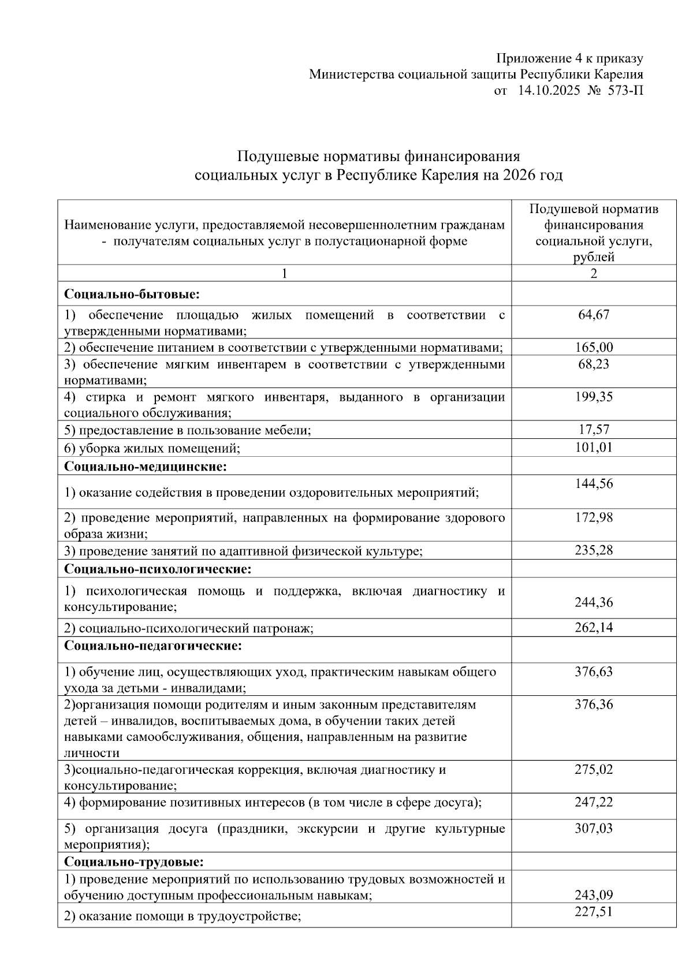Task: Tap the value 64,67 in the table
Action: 594,315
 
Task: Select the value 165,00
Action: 594,348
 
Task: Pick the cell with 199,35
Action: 594,397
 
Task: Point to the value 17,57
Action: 594,430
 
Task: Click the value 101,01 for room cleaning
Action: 594,448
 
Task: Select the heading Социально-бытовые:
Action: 132,295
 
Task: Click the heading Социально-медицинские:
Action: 146,465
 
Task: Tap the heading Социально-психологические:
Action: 158,569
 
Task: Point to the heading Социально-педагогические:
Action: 152,646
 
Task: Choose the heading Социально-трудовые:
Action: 134,862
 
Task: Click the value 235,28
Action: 594,550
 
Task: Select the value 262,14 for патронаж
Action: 594,628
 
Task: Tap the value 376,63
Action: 594,672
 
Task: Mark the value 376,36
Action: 594,705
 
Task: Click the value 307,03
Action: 594,828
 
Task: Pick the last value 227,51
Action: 594,911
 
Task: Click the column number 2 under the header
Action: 594,274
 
